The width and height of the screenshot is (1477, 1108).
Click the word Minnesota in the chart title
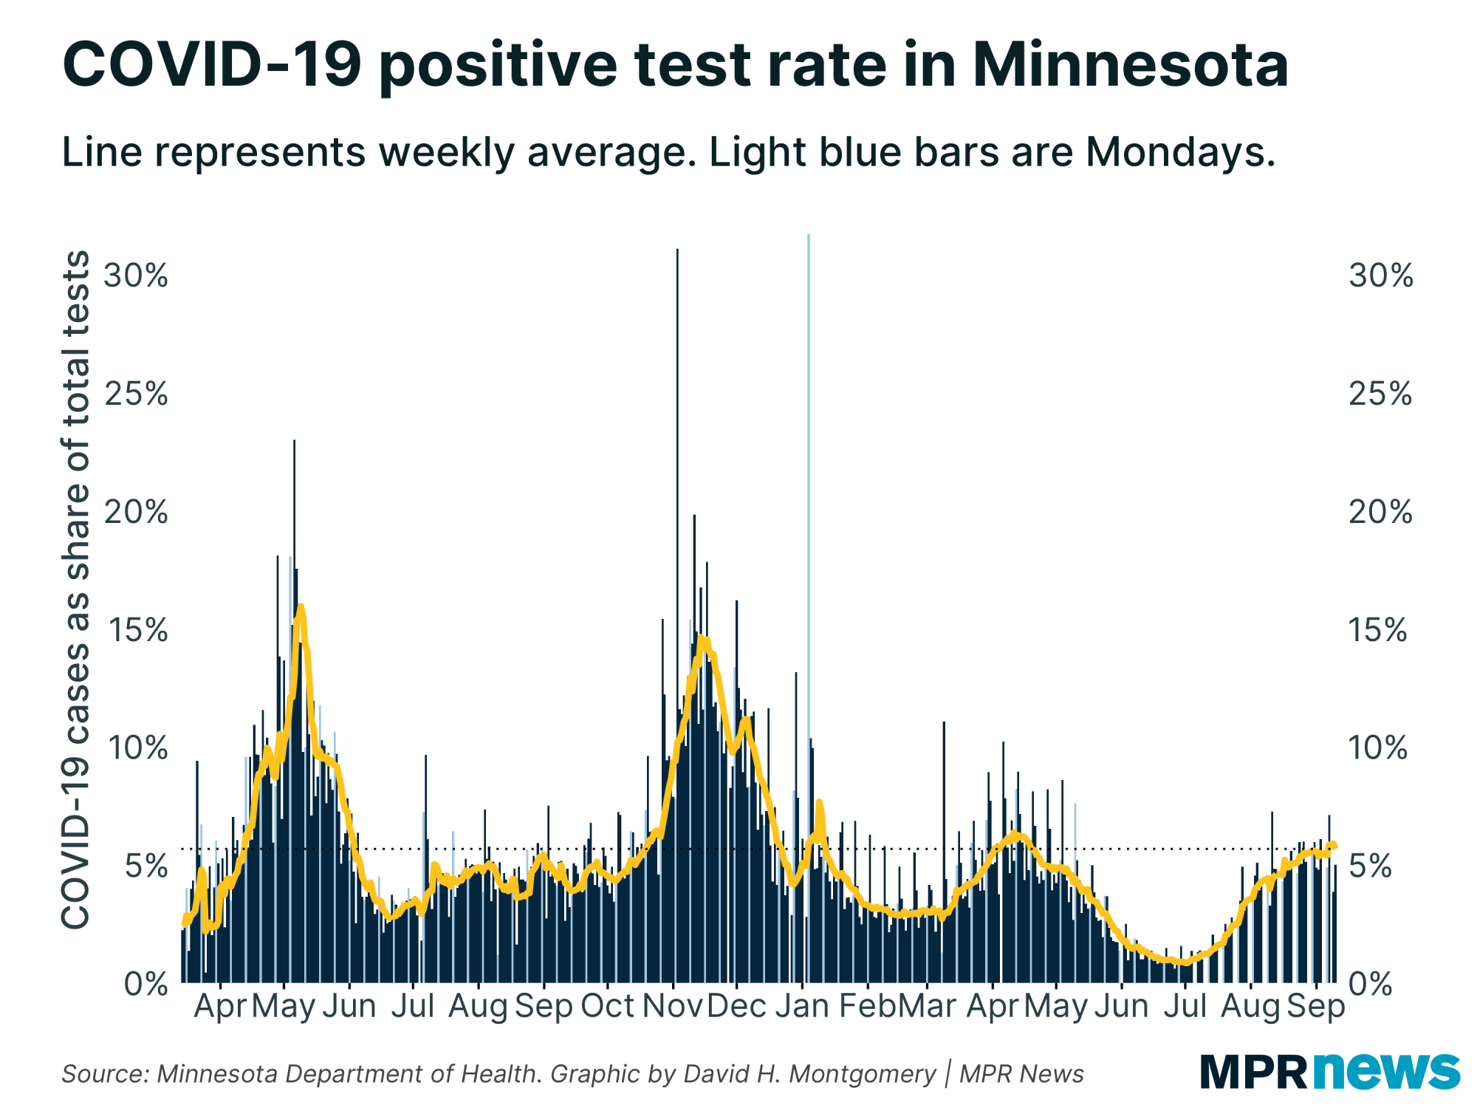1130,65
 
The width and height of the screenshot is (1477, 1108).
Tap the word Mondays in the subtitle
1180,152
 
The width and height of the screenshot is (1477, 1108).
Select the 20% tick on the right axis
1380,512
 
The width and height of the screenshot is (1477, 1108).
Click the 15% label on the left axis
137,630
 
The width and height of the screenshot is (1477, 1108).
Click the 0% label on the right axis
1371,985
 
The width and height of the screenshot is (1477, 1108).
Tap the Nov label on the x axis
672,1006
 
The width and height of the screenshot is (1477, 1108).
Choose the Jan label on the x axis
802,1006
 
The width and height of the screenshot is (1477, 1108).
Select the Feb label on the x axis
867,1006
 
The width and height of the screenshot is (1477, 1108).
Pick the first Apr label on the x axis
219,1006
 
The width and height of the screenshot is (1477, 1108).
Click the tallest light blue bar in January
809,517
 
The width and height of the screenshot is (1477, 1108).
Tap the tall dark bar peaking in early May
294,591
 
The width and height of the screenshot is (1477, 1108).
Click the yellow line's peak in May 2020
300,608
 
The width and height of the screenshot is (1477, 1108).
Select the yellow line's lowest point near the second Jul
1186,962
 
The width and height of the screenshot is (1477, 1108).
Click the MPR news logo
1329,1071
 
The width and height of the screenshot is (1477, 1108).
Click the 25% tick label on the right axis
1380,394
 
